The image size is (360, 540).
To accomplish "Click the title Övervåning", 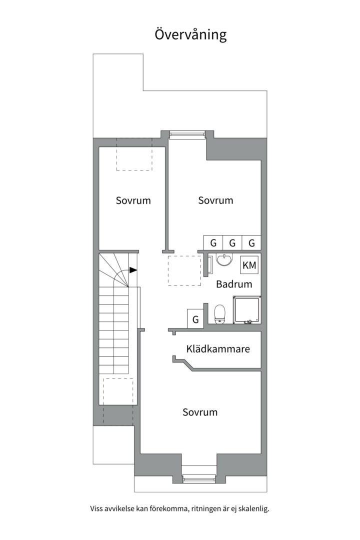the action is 190,34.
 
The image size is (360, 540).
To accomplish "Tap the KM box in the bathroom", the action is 249,265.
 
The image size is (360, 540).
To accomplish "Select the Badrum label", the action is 234,284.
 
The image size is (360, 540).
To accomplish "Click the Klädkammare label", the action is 218,349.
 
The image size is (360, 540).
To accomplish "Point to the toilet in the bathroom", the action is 219,314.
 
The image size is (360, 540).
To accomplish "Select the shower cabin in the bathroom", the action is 246,310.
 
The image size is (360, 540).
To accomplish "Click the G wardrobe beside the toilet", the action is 195,318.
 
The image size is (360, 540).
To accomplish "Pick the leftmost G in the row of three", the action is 213,243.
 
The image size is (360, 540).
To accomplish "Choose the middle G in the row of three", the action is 232,243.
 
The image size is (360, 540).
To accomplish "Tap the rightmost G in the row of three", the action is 251,243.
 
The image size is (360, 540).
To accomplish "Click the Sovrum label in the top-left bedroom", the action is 133,201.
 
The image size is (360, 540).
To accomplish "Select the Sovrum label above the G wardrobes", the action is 215,200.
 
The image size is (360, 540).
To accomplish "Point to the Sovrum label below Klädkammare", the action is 200,412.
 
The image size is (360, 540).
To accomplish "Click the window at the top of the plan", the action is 187,134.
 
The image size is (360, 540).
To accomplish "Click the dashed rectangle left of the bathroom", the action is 184,270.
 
